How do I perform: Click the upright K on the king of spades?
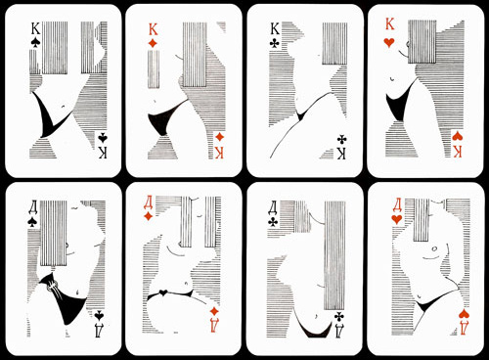tap(35, 29)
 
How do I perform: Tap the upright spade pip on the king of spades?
tap(35, 44)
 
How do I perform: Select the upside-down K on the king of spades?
tap(103, 153)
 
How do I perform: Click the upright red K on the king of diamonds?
tap(154, 29)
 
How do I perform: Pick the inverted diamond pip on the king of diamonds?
tap(220, 137)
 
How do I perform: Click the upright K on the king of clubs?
tap(275, 29)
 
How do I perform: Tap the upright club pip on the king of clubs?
tap(275, 44)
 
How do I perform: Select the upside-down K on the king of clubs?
tap(341, 154)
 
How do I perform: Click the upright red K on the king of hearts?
tap(390, 24)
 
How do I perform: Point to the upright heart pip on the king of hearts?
tap(389, 42)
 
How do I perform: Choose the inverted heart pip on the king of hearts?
tap(457, 137)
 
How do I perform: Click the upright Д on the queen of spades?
tap(33, 207)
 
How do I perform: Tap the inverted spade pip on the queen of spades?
tap(99, 315)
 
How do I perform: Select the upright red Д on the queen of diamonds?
tap(149, 202)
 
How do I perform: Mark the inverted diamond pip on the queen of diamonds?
tap(214, 311)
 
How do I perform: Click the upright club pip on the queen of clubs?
tap(273, 222)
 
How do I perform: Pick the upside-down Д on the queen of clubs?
tap(339, 330)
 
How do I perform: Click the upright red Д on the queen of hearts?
tap(397, 204)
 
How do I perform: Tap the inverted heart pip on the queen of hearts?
tap(464, 314)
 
